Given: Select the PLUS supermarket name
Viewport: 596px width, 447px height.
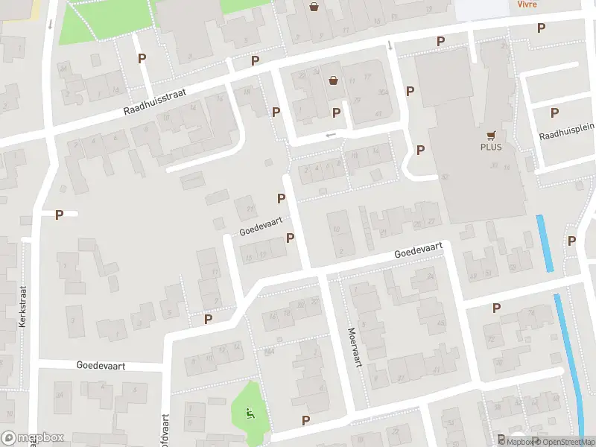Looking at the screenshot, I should point(490,147).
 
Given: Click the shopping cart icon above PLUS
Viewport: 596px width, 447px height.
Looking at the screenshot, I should point(491,135).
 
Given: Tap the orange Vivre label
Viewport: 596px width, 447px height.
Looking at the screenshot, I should point(527,4).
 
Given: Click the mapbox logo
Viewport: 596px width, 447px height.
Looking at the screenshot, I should point(33,438).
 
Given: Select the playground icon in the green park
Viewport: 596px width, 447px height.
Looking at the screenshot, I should point(251,411).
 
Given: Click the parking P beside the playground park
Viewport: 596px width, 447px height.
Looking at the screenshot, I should point(305,420).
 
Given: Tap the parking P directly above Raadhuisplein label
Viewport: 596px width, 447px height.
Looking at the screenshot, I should point(554,112).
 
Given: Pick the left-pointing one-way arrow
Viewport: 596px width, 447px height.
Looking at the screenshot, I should point(331,135).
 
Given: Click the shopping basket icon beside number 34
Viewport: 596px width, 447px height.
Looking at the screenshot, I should point(333,80).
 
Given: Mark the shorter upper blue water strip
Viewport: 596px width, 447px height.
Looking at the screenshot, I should point(545,243).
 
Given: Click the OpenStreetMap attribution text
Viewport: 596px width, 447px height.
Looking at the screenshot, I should point(565,442).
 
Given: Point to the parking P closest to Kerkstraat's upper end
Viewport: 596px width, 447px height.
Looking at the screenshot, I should point(59,215).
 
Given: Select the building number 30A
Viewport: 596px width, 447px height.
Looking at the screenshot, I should point(382,93).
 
